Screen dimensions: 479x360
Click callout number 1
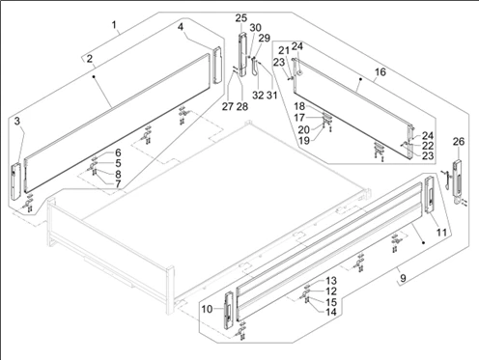[x=114, y=24]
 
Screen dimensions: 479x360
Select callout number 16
[x=380, y=71]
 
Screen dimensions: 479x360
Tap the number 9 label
[x=403, y=277]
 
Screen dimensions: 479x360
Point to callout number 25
[x=240, y=18]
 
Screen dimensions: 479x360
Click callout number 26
[x=459, y=141]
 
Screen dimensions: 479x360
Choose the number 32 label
[x=258, y=96]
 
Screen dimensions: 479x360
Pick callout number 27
[x=228, y=106]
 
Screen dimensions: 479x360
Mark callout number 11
[x=441, y=232]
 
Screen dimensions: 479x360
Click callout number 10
[x=208, y=309]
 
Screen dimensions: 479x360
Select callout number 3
[x=17, y=121]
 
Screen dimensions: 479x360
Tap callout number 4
[x=181, y=27]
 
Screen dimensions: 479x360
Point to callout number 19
[x=304, y=141]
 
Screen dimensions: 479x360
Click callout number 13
[x=331, y=281]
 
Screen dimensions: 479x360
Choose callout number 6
[x=118, y=152]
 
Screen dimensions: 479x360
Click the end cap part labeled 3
[x=15, y=181]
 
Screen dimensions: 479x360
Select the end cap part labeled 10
[x=229, y=310]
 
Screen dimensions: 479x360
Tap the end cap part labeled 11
[x=430, y=195]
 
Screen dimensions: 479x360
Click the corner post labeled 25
[x=242, y=54]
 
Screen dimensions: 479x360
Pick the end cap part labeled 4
[x=218, y=66]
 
